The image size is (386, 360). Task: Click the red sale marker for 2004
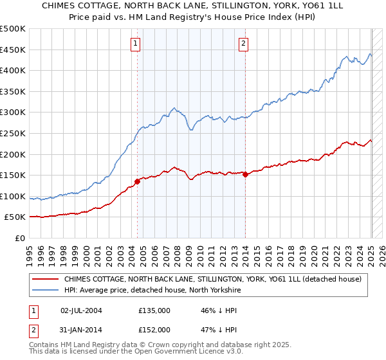(137, 181)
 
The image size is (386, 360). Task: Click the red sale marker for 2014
(246, 174)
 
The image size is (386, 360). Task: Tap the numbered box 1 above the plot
(136, 44)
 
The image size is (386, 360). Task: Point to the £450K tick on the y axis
(14, 50)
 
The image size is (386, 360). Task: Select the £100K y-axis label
(14, 196)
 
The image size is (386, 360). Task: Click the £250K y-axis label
(14, 134)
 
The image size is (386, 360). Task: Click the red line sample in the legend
(45, 279)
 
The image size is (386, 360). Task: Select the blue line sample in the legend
(45, 290)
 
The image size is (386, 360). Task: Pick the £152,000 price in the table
(154, 330)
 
